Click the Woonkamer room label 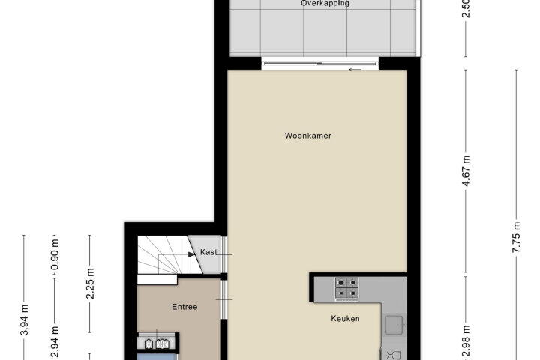pyautogui.click(x=308, y=136)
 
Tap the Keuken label pyautogui.click(x=345, y=319)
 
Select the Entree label pyautogui.click(x=184, y=307)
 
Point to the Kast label pyautogui.click(x=208, y=252)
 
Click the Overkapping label pyautogui.click(x=325, y=4)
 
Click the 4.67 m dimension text pyautogui.click(x=466, y=170)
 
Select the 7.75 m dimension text pyautogui.click(x=516, y=237)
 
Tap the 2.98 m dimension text pyautogui.click(x=466, y=342)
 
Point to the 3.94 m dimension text pyautogui.click(x=24, y=320)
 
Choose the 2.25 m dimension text pyautogui.click(x=90, y=283)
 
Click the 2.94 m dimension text pyautogui.click(x=55, y=342)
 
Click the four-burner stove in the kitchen pyautogui.click(x=346, y=288)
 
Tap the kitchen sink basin pyautogui.click(x=394, y=325)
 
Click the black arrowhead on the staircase pyautogui.click(x=192, y=254)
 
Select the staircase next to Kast pyautogui.click(x=164, y=255)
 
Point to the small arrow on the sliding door pyautogui.click(x=355, y=70)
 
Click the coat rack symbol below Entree pyautogui.click(x=157, y=343)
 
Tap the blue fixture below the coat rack pyautogui.click(x=157, y=356)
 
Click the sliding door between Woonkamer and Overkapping pyautogui.click(x=320, y=64)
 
